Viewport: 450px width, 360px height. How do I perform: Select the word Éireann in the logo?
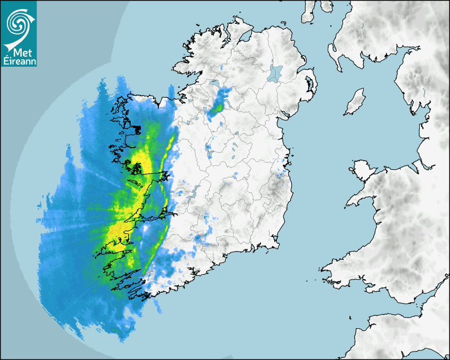click(19, 62)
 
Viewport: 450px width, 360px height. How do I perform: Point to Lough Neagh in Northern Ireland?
click(276, 72)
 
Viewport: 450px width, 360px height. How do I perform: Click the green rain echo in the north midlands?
click(217, 108)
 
